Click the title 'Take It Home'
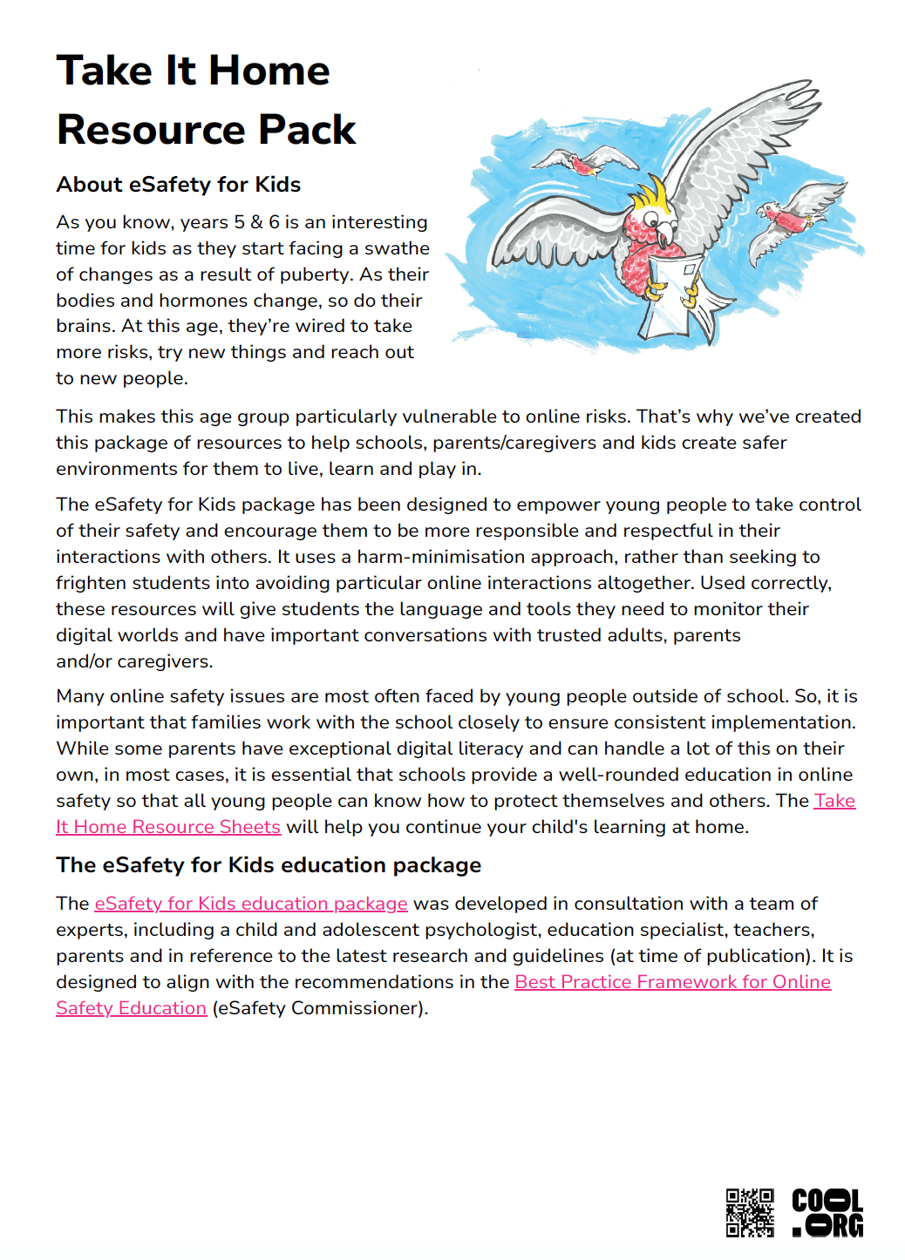click(x=193, y=71)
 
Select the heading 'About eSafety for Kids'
click(x=178, y=185)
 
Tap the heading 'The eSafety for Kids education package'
click(x=269, y=865)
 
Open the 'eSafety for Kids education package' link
click(x=251, y=904)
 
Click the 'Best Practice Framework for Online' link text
click(x=672, y=982)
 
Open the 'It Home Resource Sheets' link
click(x=168, y=827)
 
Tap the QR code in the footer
click(x=750, y=1212)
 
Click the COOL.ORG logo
click(x=827, y=1212)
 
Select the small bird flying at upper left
click(x=582, y=162)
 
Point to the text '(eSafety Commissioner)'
click(x=320, y=1008)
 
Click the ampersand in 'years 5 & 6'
click(x=257, y=222)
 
